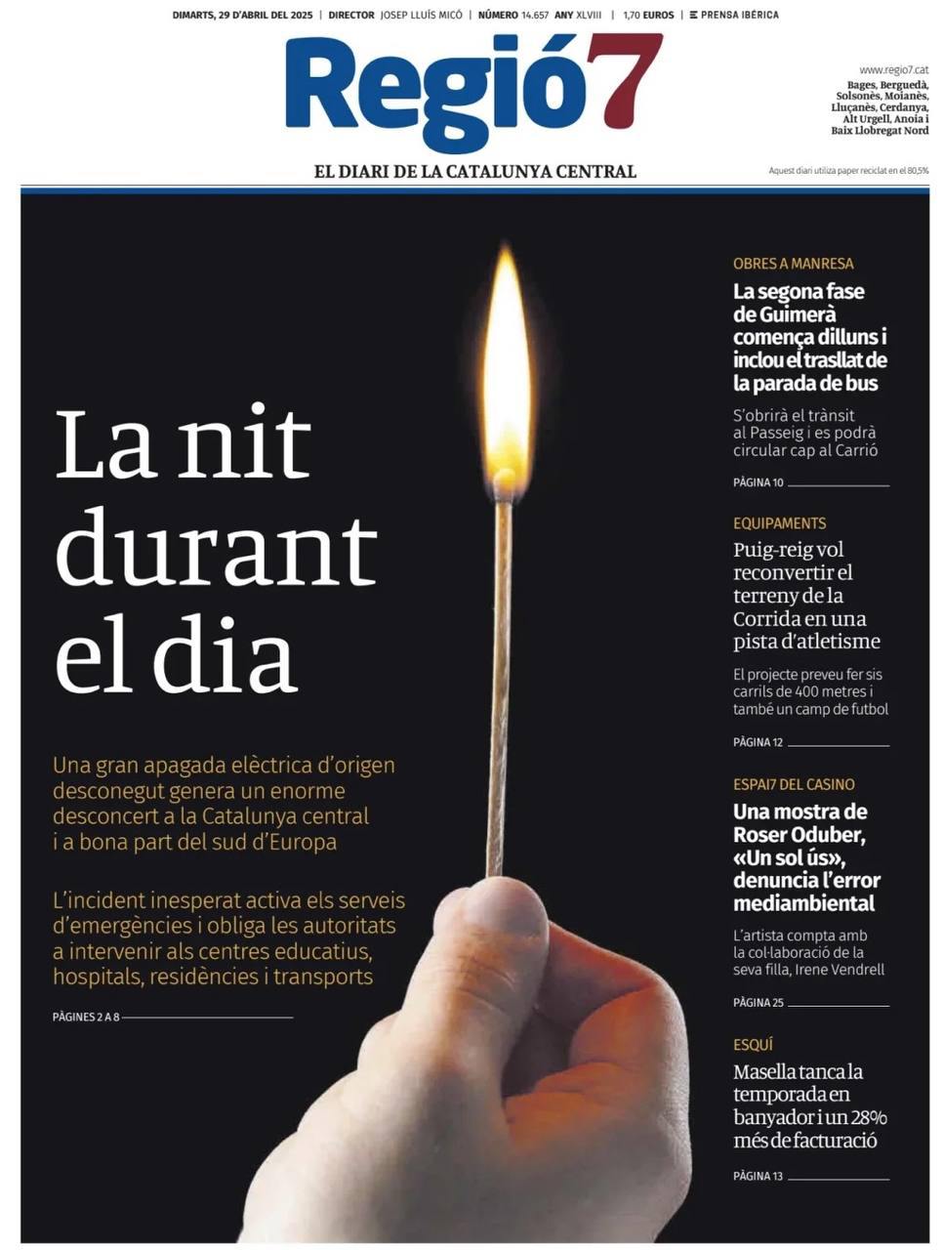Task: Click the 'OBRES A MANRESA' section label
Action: (x=793, y=264)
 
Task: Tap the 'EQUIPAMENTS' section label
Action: (x=779, y=523)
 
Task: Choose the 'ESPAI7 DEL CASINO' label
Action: (x=794, y=784)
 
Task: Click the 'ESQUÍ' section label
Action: (x=753, y=1045)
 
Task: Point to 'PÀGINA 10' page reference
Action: (x=758, y=482)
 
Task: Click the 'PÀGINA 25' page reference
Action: (x=758, y=1003)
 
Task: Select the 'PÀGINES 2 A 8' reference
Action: (x=86, y=1017)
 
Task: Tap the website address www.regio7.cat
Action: (x=893, y=69)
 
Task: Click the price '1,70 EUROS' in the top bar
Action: (x=648, y=15)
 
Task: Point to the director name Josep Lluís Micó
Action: (x=421, y=15)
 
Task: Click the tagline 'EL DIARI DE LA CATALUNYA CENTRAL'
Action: (x=474, y=171)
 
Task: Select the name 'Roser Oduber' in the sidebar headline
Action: (x=798, y=835)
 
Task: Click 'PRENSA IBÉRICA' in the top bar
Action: (x=739, y=15)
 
